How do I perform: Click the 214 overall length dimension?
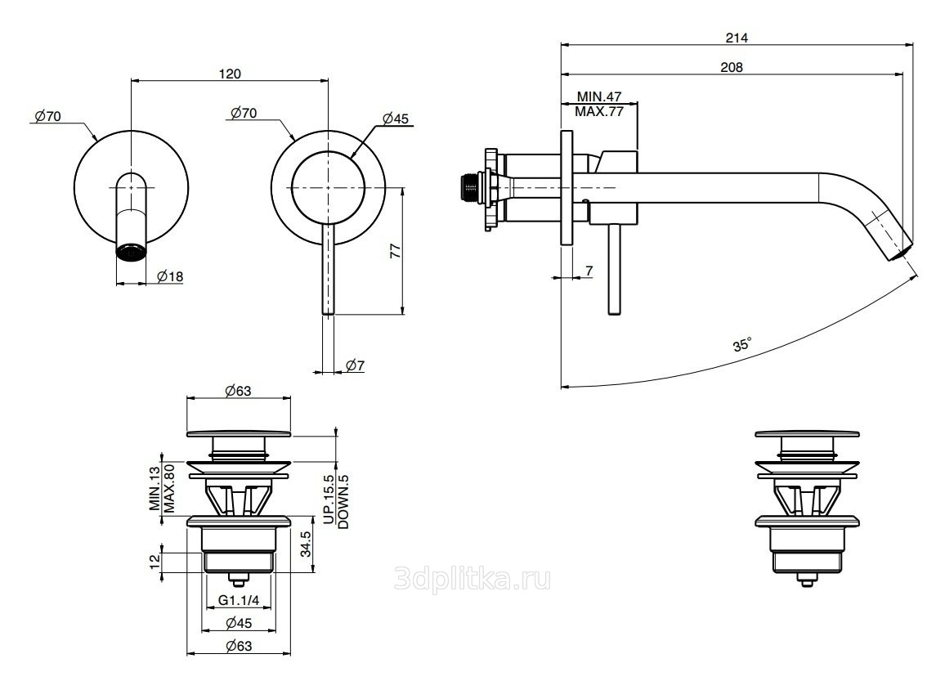click(737, 37)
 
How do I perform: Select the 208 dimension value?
click(732, 68)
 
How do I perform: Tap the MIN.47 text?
click(599, 97)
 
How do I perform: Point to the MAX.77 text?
click(599, 112)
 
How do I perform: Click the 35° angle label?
click(741, 346)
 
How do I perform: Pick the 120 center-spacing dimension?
click(231, 74)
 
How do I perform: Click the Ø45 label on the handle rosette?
click(395, 119)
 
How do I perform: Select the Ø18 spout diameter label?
click(169, 276)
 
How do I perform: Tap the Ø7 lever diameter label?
click(354, 365)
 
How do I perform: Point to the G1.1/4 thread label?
click(239, 601)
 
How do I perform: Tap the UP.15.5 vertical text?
click(328, 500)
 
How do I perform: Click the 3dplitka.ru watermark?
click(472, 580)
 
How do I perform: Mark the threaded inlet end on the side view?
click(471, 187)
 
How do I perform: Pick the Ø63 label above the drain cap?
click(237, 391)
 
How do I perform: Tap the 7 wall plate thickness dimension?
click(589, 270)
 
